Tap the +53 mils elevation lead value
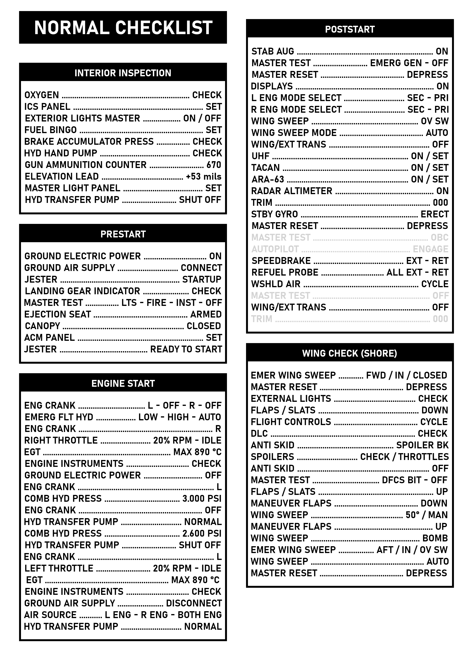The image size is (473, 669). tap(204, 177)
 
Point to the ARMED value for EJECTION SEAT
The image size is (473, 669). tap(206, 314)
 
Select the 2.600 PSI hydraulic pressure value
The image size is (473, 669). tap(202, 534)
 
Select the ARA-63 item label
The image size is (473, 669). tap(268, 179)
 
